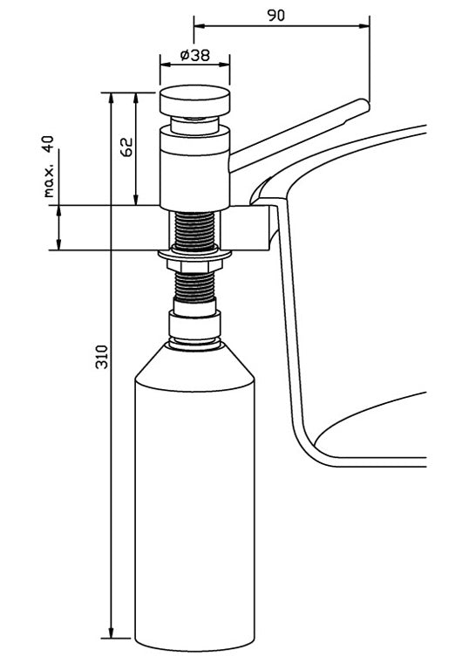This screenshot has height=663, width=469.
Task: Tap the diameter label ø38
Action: [x=194, y=54]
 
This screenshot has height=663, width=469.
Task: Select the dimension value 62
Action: [x=127, y=146]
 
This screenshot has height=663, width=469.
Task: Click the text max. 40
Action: [x=48, y=166]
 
